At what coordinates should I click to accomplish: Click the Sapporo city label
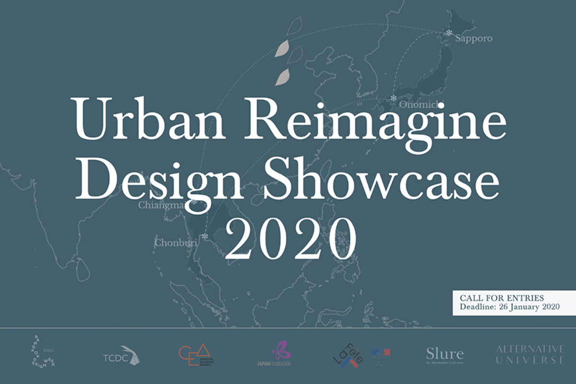coord(474,38)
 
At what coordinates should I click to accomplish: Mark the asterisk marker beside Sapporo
coord(449,33)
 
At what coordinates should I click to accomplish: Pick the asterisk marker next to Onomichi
coord(394,98)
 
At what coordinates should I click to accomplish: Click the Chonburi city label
coord(176,243)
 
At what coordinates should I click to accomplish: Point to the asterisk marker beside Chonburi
coord(205,237)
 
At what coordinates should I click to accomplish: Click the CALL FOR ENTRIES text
coord(502,298)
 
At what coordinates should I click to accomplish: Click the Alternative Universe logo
coord(530,354)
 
